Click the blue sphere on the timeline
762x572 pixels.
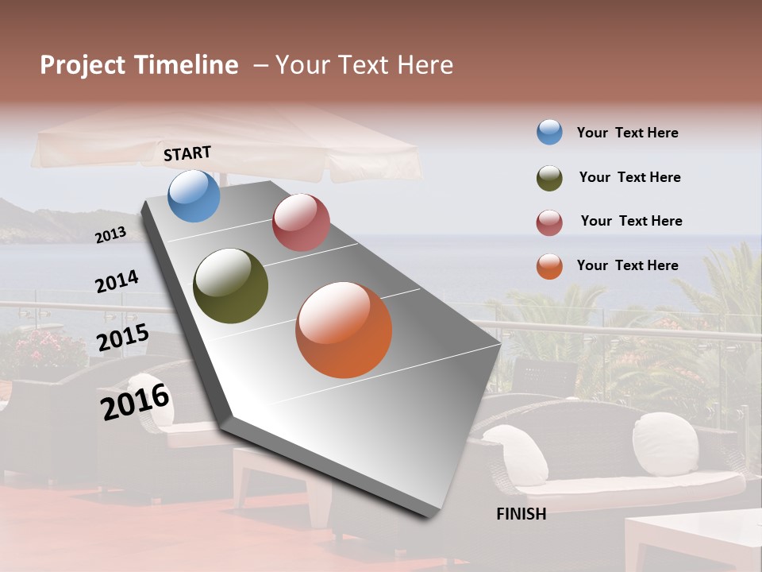194,196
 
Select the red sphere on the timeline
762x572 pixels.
301,222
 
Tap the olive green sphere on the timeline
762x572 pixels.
230,286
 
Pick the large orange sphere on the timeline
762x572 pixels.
344,330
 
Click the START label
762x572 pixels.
187,153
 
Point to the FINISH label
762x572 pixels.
521,514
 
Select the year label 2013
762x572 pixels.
111,235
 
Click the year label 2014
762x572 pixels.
117,282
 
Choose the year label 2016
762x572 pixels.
136,402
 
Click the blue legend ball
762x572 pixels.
549,132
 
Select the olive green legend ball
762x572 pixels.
549,178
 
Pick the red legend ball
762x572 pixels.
549,222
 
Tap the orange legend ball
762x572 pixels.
549,266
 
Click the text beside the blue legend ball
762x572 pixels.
627,133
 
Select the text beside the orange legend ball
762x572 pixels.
627,265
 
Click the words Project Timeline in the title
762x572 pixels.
139,65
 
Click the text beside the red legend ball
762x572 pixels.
631,221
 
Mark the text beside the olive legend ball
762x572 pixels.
629,177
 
